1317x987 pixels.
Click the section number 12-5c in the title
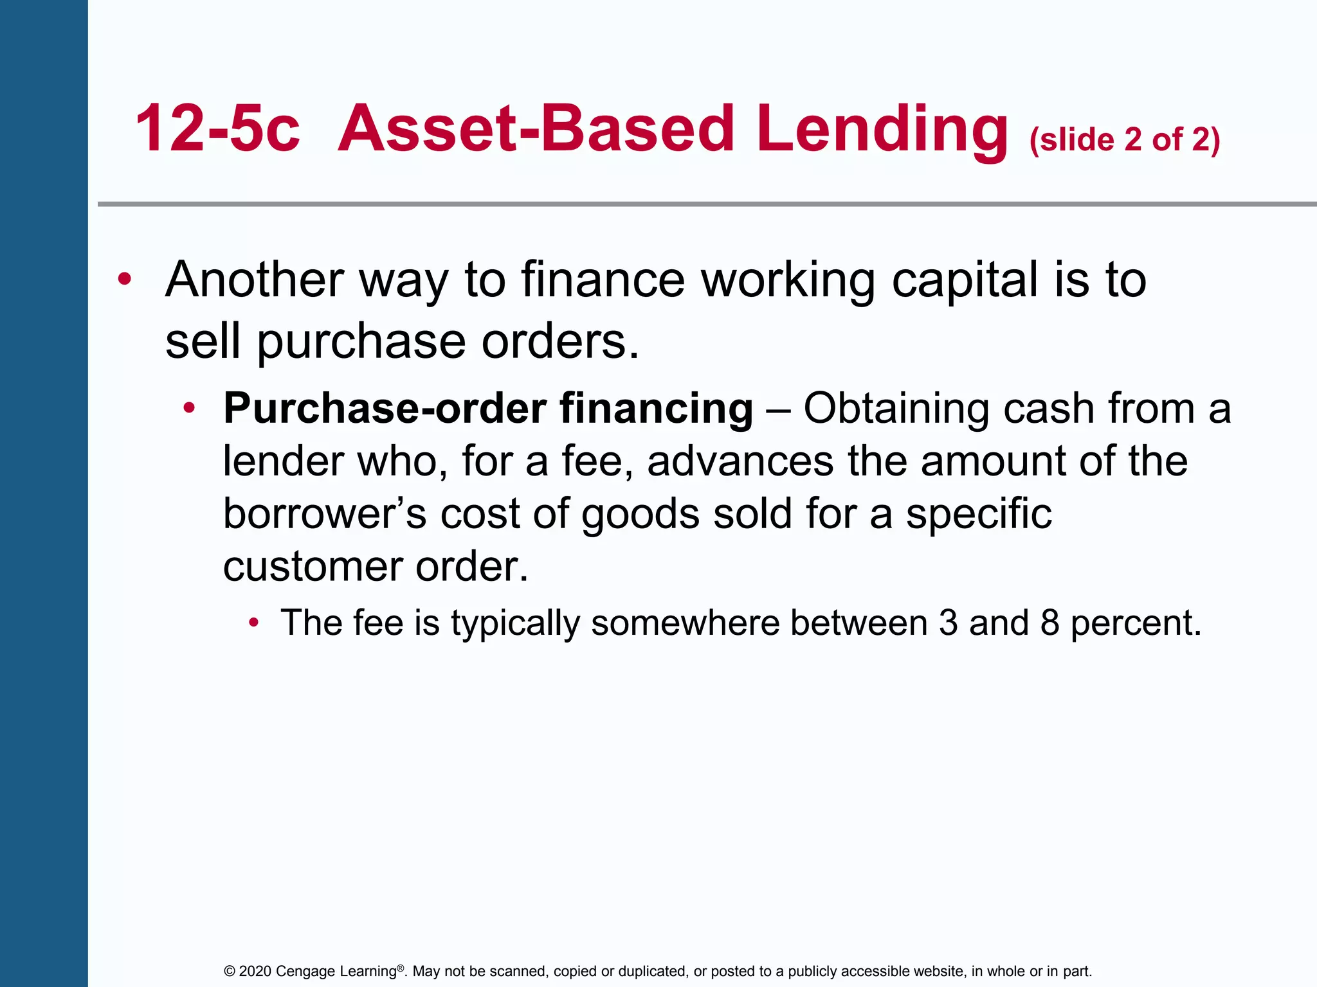click(x=217, y=129)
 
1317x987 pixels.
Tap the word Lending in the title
click(x=882, y=130)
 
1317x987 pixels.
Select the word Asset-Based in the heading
click(x=536, y=129)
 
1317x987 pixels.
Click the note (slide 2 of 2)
click(x=1125, y=139)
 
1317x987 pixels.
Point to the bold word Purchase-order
click(x=385, y=409)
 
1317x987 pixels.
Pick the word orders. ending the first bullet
click(x=560, y=341)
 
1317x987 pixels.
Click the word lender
click(x=283, y=461)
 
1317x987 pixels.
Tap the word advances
click(x=740, y=461)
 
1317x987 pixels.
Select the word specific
click(x=979, y=514)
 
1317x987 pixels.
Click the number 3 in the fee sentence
click(x=949, y=623)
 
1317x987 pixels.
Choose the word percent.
click(x=1136, y=624)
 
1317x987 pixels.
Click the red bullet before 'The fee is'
click(x=254, y=622)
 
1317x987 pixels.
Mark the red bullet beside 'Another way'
click(x=125, y=280)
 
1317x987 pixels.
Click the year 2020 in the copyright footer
click(x=255, y=971)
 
